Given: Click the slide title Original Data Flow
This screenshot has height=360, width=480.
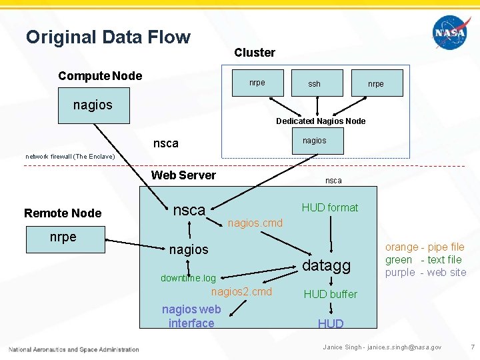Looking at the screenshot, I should [x=108, y=37].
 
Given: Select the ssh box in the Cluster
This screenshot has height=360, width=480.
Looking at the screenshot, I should [x=314, y=84].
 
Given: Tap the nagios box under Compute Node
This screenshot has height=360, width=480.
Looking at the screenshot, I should [x=93, y=105].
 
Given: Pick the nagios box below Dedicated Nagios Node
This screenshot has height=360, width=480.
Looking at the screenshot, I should [x=314, y=141].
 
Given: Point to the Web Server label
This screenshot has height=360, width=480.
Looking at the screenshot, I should [x=183, y=175].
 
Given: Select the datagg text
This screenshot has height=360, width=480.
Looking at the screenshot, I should [x=327, y=265].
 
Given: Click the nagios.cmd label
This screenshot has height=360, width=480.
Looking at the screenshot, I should [x=255, y=223].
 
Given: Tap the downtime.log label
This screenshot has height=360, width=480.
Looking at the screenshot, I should [x=188, y=278].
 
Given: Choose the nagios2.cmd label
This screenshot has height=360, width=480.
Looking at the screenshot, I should [x=241, y=292].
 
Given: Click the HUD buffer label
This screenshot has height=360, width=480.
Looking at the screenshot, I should [x=331, y=294].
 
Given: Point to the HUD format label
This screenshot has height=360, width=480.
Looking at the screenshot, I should [x=329, y=207].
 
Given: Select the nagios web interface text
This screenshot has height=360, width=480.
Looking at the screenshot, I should [x=191, y=316].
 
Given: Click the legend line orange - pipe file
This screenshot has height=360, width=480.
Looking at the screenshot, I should [x=425, y=247].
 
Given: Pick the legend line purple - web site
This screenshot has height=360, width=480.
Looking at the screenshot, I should [x=425, y=272].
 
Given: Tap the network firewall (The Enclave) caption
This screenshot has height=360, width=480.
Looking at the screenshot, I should [x=71, y=156].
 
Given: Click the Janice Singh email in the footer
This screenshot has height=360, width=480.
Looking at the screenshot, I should [x=382, y=347].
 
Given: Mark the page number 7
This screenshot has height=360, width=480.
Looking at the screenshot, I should [x=472, y=347].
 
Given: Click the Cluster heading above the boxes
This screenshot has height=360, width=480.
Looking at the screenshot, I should [x=255, y=53].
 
